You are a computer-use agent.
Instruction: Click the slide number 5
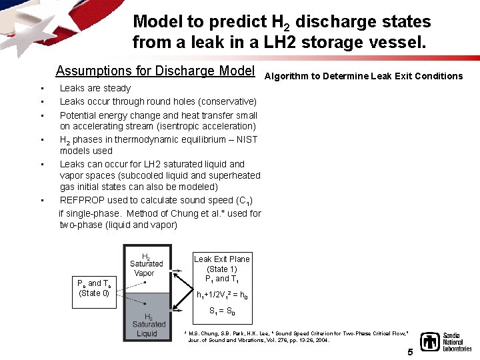[410, 352]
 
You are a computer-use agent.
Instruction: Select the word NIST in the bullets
[246, 139]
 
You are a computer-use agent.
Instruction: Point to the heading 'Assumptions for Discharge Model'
[155, 71]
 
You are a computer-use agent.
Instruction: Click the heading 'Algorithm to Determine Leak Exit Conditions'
[363, 76]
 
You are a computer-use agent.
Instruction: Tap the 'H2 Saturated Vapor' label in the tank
[145, 265]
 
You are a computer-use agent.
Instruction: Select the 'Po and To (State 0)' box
[94, 288]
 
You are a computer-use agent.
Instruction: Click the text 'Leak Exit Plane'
[222, 259]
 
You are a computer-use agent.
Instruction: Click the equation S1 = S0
[222, 311]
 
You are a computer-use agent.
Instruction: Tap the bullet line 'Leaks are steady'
[95, 88]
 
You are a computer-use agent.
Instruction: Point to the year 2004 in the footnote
[322, 340]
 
